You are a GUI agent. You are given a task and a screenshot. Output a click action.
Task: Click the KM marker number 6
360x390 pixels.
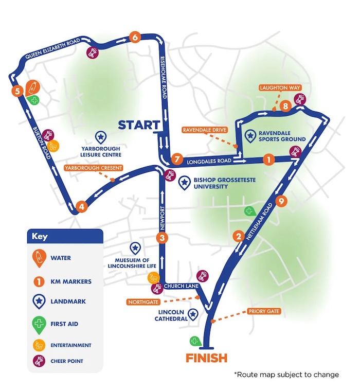click(x=135, y=37)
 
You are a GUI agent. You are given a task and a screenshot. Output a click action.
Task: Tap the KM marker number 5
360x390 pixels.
click(x=18, y=91)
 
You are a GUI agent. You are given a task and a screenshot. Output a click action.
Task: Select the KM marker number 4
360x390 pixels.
click(x=81, y=207)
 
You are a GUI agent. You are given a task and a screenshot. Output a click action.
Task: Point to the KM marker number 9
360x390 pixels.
click(x=280, y=202)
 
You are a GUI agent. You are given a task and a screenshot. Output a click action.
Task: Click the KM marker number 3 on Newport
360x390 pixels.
click(x=162, y=238)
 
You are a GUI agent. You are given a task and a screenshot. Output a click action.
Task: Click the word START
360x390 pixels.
click(x=139, y=125)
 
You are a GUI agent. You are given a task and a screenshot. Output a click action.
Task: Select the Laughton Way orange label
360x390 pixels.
click(x=280, y=88)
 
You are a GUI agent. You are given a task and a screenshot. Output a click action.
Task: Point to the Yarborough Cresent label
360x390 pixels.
click(x=93, y=168)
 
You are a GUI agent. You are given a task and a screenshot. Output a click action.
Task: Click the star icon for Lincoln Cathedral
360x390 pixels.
click(x=193, y=314)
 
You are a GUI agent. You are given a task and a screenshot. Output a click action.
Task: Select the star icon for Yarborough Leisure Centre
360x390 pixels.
click(x=101, y=137)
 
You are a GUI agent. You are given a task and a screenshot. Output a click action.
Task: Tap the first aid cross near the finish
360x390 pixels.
click(x=195, y=341)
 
